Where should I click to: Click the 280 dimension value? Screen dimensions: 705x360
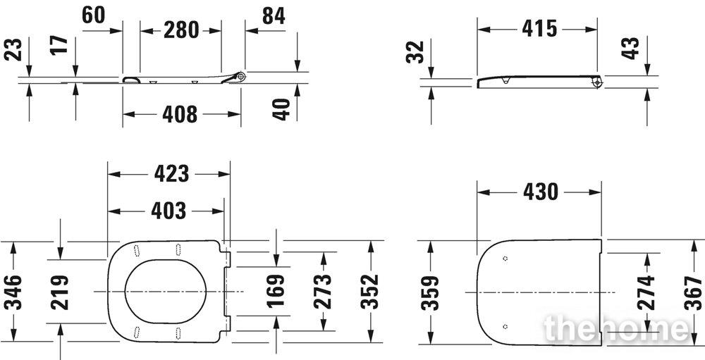(x=180, y=30)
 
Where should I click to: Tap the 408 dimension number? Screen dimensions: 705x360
(x=180, y=114)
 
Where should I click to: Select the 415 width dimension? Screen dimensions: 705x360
(x=539, y=29)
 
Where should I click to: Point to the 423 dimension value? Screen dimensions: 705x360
(x=172, y=173)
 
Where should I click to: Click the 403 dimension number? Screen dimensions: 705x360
(x=168, y=211)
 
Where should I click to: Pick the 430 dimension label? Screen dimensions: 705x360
(x=541, y=192)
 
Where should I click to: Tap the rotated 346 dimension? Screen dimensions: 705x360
(x=13, y=292)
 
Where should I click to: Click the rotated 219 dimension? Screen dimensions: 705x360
(x=60, y=292)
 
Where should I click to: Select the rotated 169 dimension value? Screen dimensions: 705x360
(x=276, y=291)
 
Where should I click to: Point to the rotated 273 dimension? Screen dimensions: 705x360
(x=322, y=291)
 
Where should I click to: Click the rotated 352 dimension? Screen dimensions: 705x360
(x=369, y=292)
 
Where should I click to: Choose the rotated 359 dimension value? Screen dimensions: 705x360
(x=430, y=293)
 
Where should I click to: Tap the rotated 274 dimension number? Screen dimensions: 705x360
(x=646, y=292)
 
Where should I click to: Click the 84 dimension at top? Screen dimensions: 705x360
(x=274, y=16)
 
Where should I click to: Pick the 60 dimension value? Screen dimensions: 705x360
(x=94, y=15)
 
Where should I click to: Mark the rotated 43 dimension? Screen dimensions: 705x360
(x=630, y=48)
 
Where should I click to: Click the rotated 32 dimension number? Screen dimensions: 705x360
(x=415, y=52)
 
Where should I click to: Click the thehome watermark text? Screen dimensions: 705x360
(x=616, y=328)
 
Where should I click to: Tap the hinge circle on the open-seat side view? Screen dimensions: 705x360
(x=241, y=77)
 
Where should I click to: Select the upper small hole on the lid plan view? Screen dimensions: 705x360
(x=505, y=259)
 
